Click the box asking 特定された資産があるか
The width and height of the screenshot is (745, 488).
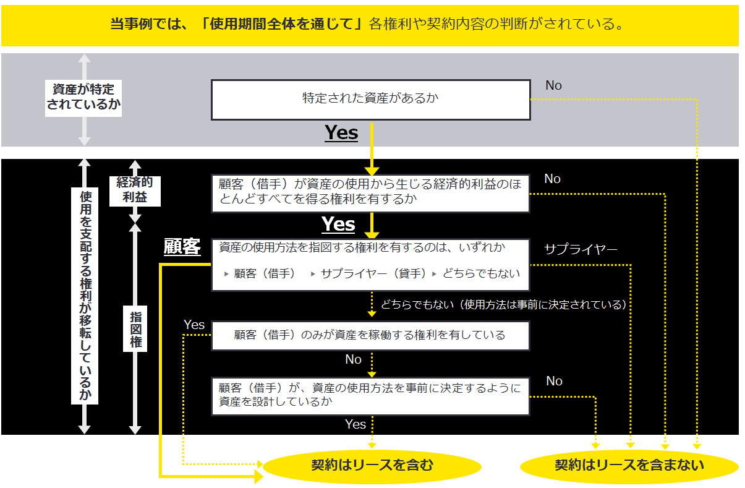(x=371, y=99)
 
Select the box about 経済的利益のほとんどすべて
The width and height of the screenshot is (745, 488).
(x=371, y=192)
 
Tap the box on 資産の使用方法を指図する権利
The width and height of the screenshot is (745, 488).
(x=371, y=264)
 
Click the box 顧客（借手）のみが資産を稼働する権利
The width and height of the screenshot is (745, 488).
(x=371, y=335)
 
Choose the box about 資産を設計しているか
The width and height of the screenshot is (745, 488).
(x=371, y=396)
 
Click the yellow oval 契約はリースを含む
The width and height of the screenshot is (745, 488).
(x=372, y=465)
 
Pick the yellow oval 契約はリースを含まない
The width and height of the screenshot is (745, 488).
(x=629, y=465)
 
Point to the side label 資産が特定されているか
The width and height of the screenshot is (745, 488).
(x=84, y=97)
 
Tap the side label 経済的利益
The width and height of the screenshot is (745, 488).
(x=134, y=190)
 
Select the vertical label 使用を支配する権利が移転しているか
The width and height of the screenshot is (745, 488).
(x=85, y=296)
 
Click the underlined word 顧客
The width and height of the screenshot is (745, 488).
(x=182, y=247)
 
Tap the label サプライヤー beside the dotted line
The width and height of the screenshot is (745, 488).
(x=581, y=249)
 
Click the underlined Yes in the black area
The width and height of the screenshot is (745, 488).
(x=338, y=224)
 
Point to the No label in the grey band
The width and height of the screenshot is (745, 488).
(x=553, y=85)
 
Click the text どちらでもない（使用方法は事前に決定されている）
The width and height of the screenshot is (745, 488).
(x=503, y=304)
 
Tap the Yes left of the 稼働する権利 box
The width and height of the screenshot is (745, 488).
(x=194, y=324)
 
